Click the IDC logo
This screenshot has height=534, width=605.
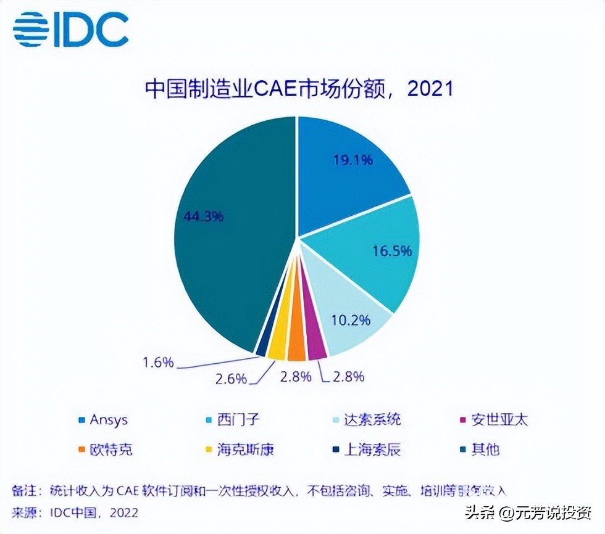(x=71, y=29)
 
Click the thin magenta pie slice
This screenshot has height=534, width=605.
(x=316, y=348)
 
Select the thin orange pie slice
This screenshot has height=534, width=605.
(x=297, y=350)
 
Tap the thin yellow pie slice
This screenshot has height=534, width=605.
(x=278, y=349)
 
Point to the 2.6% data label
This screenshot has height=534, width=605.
(x=232, y=377)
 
